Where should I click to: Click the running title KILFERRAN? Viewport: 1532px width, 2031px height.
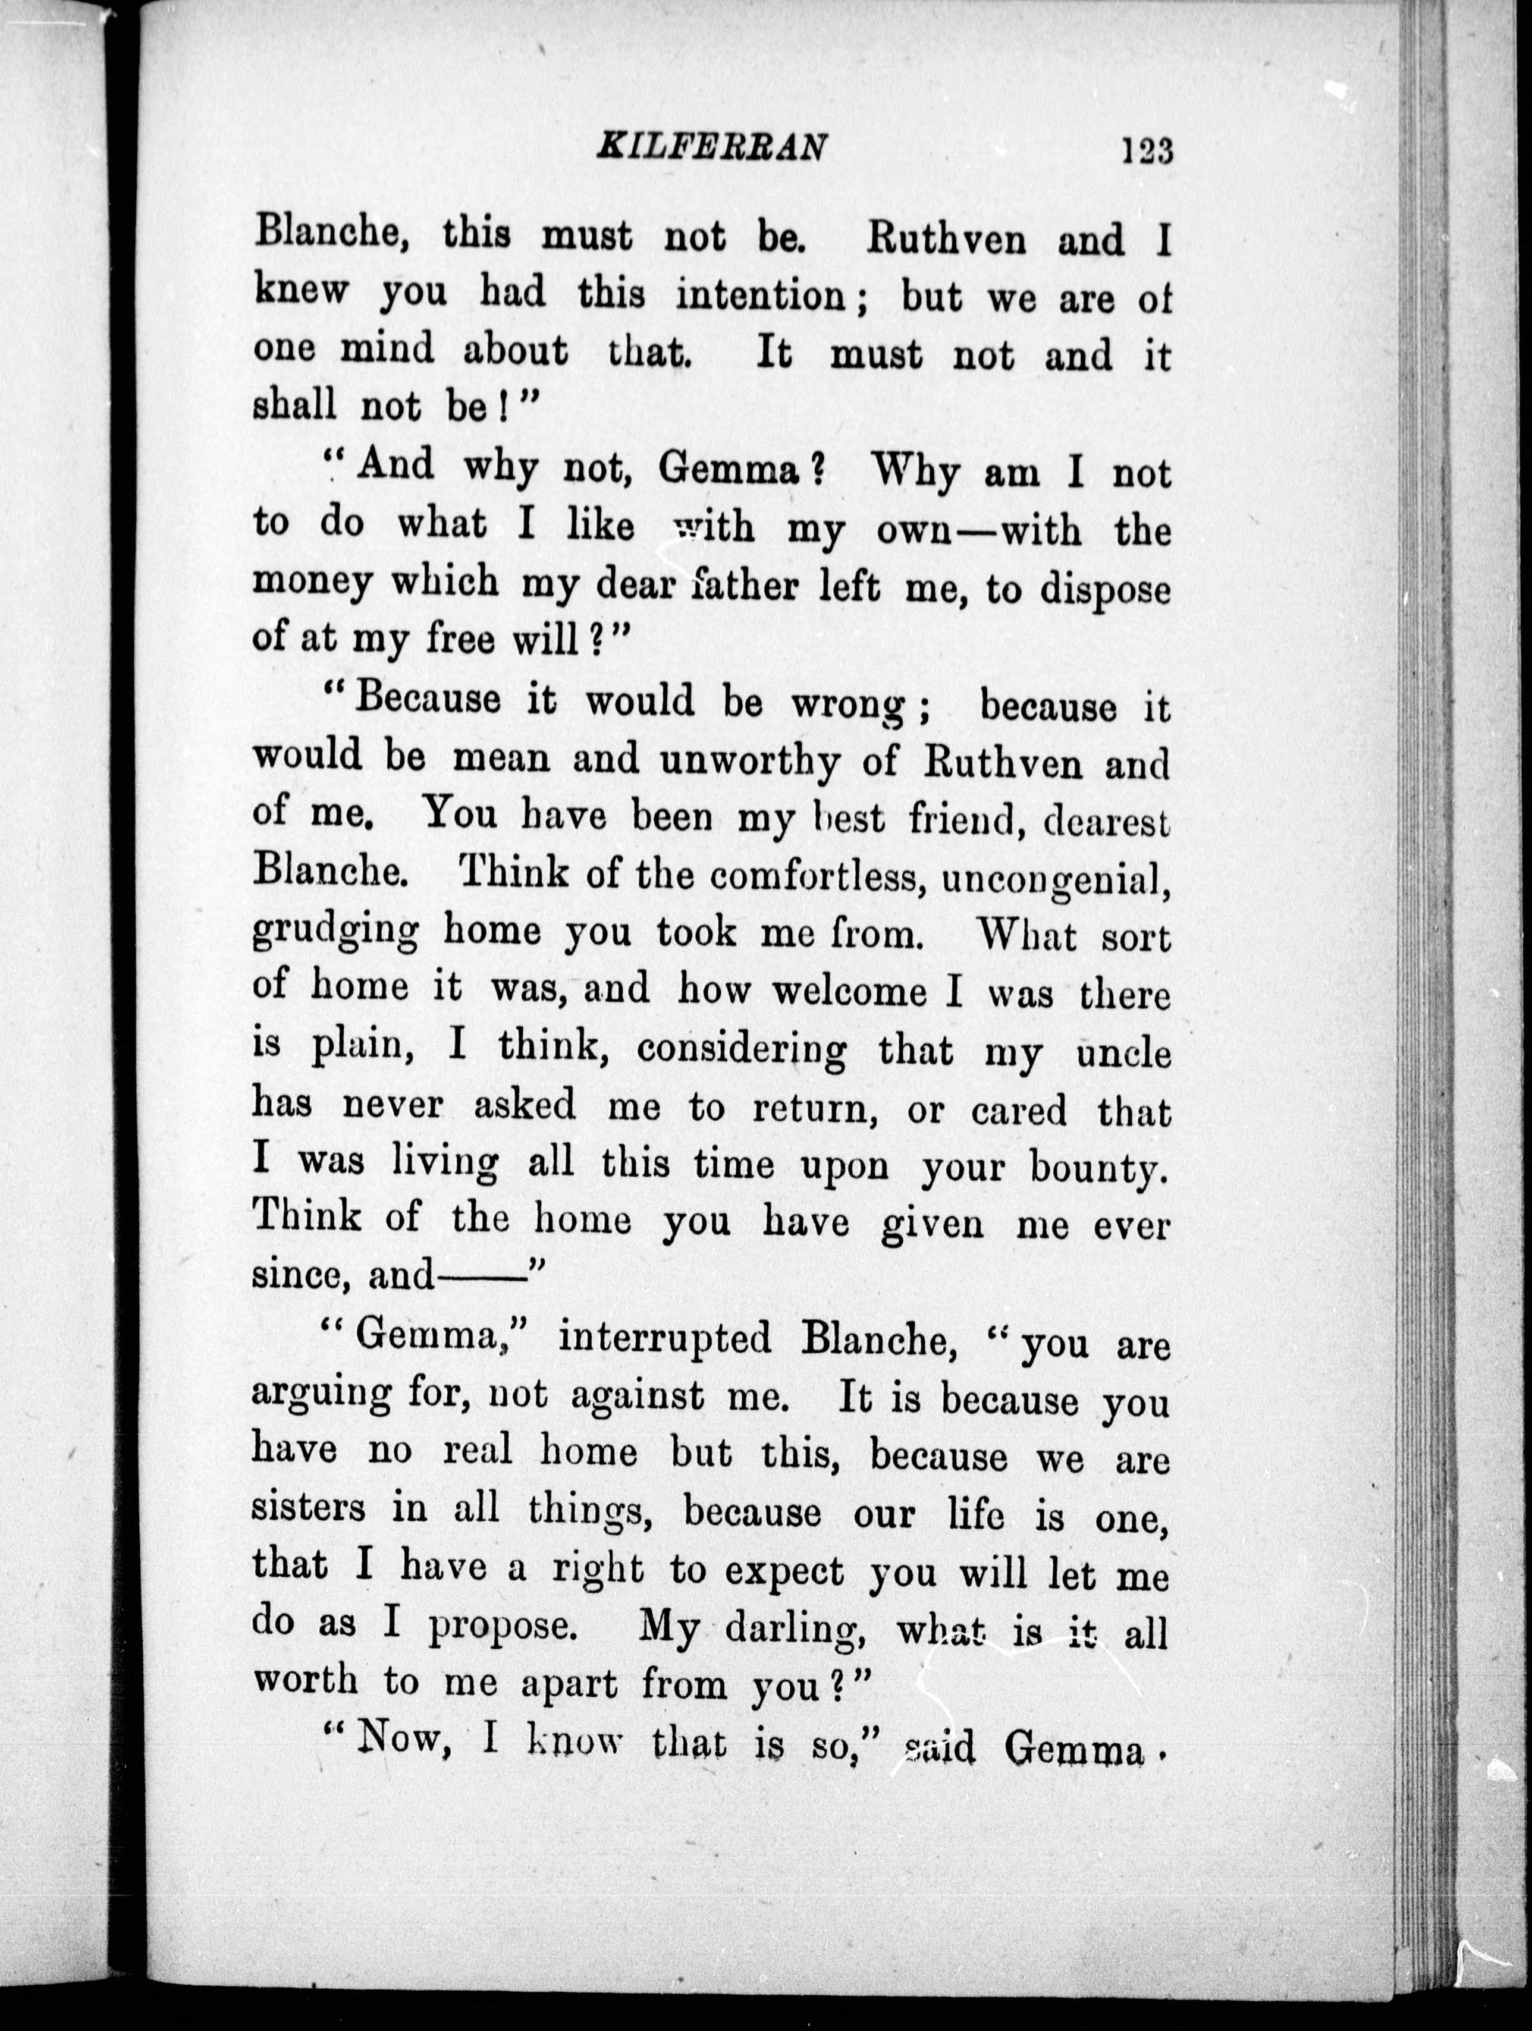(x=712, y=147)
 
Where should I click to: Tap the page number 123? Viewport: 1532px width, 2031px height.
(x=1146, y=150)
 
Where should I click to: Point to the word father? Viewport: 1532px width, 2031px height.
(x=745, y=584)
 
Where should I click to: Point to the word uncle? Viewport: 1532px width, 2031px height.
(x=1124, y=1052)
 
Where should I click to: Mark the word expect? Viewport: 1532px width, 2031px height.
(x=784, y=1570)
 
